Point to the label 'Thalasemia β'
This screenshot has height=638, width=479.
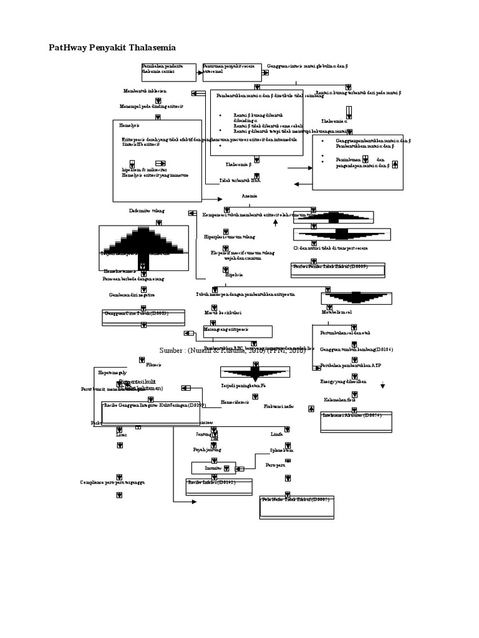click(238, 164)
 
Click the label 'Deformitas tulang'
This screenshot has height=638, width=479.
click(147, 211)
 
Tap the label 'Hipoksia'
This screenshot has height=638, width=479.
click(234, 274)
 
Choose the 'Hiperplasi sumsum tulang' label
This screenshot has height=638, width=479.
click(230, 237)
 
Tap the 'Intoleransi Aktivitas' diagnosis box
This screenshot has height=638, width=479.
click(352, 417)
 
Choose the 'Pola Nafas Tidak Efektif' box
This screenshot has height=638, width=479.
click(296, 506)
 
